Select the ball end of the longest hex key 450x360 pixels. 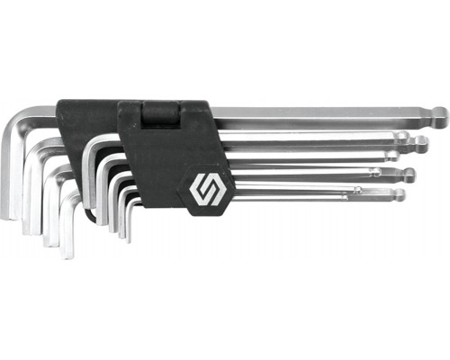pyautogui.click(x=439, y=115)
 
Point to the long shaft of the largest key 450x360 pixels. pyautogui.click(x=324, y=116)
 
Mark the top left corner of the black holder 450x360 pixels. pyautogui.click(x=59, y=102)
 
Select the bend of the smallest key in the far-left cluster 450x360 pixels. pyautogui.click(x=65, y=194)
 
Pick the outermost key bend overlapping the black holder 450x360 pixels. pyautogui.click(x=87, y=144)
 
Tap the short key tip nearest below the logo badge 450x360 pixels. pyautogui.click(x=129, y=238)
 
